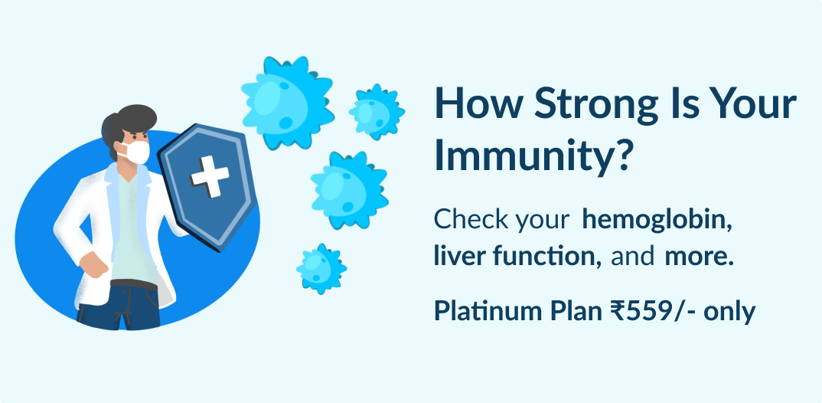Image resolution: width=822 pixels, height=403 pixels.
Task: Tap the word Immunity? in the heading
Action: (x=533, y=156)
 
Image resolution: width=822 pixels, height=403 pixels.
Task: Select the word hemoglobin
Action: (x=657, y=219)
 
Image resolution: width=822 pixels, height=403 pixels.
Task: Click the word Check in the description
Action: (x=471, y=219)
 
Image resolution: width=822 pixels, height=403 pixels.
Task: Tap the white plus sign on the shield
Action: (x=210, y=176)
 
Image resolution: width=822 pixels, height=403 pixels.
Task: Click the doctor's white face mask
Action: (x=135, y=152)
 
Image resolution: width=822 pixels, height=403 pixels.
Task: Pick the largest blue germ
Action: (x=287, y=103)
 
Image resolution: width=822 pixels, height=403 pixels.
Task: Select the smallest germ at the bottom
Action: (x=321, y=268)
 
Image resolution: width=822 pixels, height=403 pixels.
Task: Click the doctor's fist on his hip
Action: (x=93, y=264)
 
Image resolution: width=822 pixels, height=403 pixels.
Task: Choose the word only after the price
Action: (x=729, y=312)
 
